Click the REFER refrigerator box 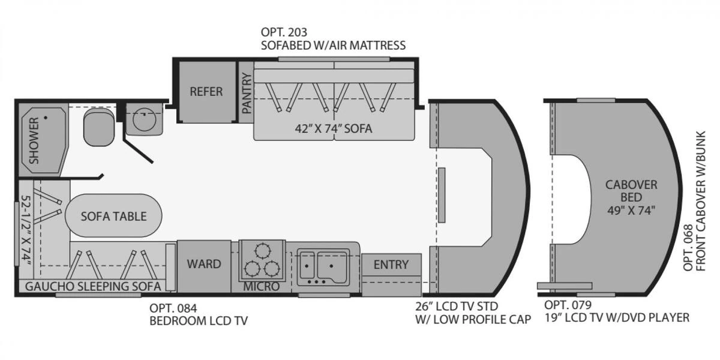pos(206,92)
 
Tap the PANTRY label pos(246,94)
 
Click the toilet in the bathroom pos(98,127)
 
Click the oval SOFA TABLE pos(113,216)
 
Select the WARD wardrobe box pos(203,264)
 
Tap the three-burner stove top pos(262,259)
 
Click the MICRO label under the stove pos(261,287)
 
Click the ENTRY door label pos(391,265)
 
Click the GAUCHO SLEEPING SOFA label pos(92,287)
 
